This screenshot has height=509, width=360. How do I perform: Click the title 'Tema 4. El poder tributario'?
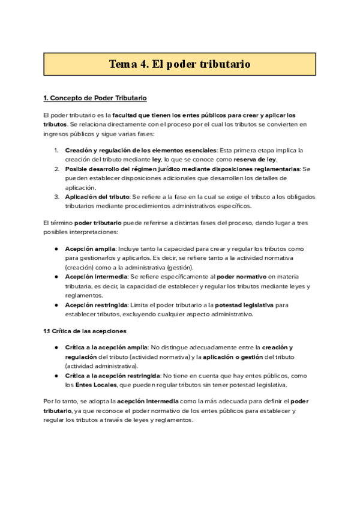coord(179,64)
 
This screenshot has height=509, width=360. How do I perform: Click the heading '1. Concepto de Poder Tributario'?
coord(95,98)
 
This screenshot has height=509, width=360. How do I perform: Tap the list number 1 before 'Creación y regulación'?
coord(56,150)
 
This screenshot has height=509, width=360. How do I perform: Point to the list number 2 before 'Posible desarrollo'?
coord(56,169)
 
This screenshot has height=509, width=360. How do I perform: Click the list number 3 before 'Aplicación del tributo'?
coord(56,197)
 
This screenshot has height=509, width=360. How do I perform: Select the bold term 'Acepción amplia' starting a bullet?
coord(90,248)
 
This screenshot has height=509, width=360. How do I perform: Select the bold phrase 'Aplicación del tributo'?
coord(97,197)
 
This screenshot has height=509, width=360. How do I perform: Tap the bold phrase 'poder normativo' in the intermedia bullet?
coord(241,277)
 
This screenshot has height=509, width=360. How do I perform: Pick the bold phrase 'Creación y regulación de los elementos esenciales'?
coord(141,150)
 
